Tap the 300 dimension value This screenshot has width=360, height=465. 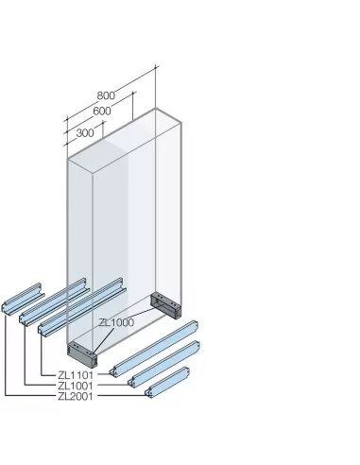click(84, 132)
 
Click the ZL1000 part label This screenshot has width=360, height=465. click(115, 322)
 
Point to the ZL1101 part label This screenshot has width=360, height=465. click(76, 375)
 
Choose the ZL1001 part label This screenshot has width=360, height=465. click(76, 386)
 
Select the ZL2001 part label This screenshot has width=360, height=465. click(76, 396)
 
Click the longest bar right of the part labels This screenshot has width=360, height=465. click(156, 351)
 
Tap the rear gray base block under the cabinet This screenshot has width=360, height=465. click(164, 305)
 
